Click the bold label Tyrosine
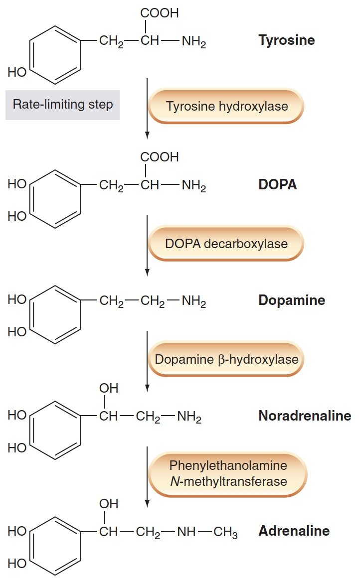(x=286, y=40)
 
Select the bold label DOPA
(x=277, y=185)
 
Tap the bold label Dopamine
(x=291, y=300)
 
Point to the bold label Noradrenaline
(x=304, y=416)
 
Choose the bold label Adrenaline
(x=294, y=531)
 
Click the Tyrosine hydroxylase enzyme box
(x=226, y=106)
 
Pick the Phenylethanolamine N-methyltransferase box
(x=228, y=473)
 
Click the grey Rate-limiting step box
(x=62, y=105)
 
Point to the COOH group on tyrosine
(x=159, y=13)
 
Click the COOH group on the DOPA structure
(x=159, y=157)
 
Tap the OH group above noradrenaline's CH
(x=109, y=388)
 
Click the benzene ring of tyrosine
(x=55, y=54)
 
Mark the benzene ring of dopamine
(x=55, y=314)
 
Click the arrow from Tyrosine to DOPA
(x=147, y=107)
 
